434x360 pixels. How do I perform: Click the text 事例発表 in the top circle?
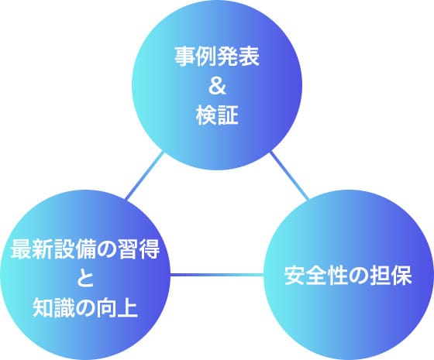[x=217, y=57]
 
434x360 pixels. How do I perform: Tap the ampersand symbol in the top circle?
[x=217, y=86]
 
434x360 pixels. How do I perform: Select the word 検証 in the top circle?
[x=217, y=115]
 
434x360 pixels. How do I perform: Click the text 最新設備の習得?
[x=85, y=249]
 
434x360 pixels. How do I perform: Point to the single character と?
[x=85, y=279]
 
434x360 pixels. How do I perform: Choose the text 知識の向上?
[x=85, y=308]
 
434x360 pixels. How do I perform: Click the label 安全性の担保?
[x=348, y=275]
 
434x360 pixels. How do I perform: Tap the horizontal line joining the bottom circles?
[x=217, y=275]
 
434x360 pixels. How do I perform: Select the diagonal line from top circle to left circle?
[x=145, y=176]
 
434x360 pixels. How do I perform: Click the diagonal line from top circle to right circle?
[x=289, y=176]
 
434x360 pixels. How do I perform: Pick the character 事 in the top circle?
[x=184, y=57]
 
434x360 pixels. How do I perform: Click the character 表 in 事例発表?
[x=249, y=57]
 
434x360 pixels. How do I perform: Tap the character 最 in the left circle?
[x=21, y=249]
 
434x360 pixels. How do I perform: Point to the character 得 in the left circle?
[x=150, y=249]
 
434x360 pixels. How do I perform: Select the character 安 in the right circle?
[x=294, y=275]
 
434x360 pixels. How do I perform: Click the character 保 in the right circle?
[x=402, y=275]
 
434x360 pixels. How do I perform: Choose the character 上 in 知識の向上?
[x=128, y=308]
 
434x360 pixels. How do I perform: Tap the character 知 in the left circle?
[x=43, y=308]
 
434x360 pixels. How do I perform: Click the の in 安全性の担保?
[x=359, y=276]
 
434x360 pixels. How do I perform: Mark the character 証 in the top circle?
[x=228, y=115]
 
